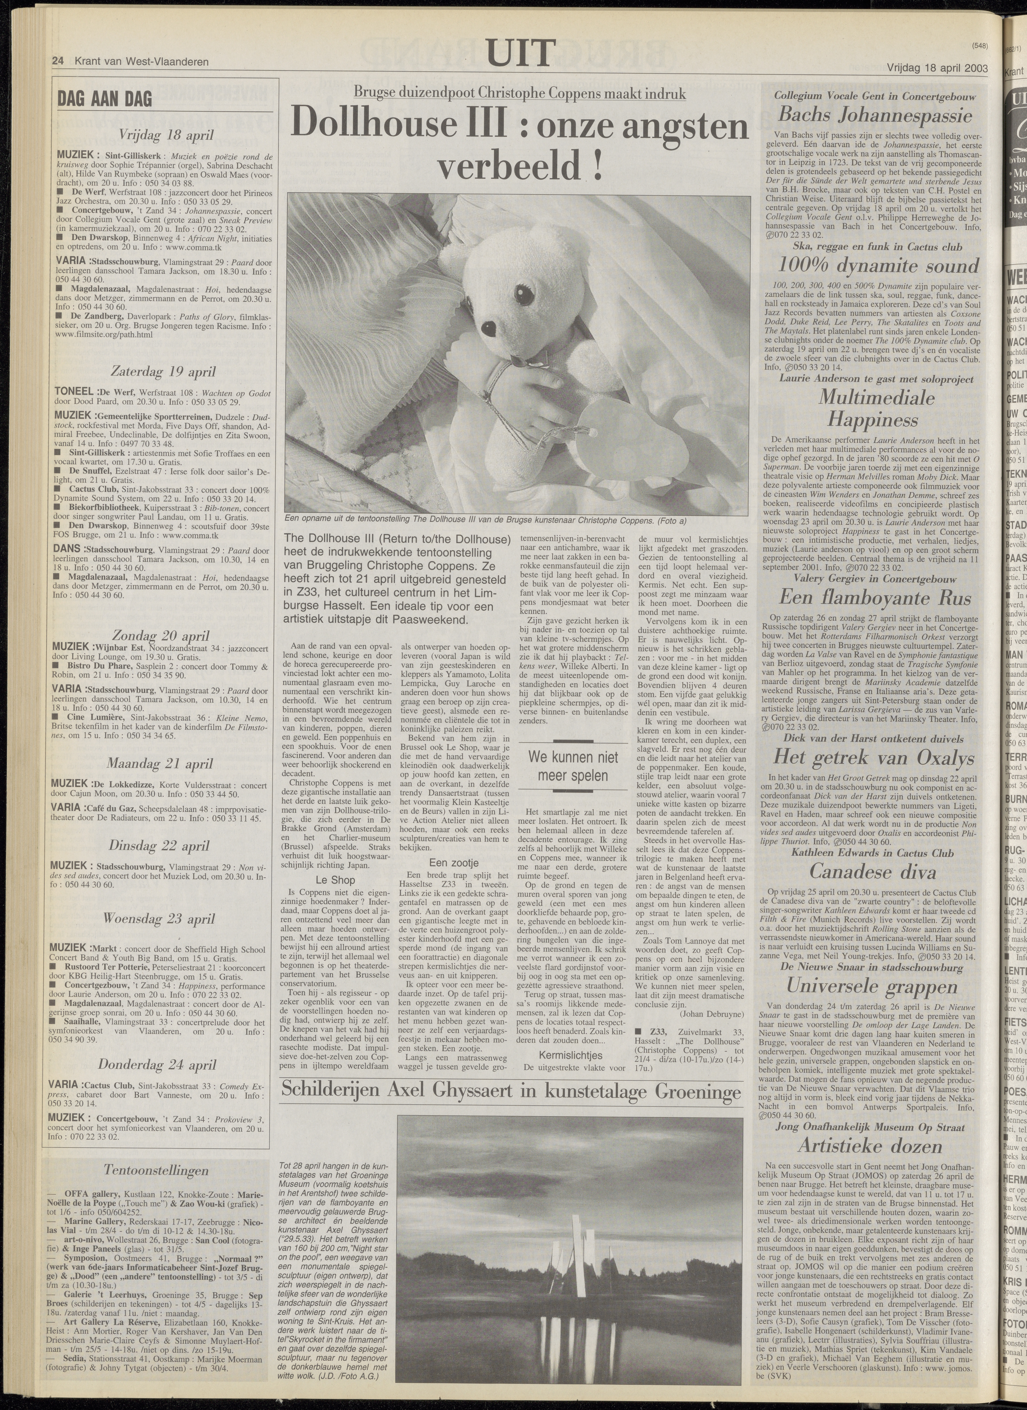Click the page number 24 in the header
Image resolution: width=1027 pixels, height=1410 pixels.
[x=59, y=61]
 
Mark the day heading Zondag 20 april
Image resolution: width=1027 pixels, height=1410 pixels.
[x=161, y=635]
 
